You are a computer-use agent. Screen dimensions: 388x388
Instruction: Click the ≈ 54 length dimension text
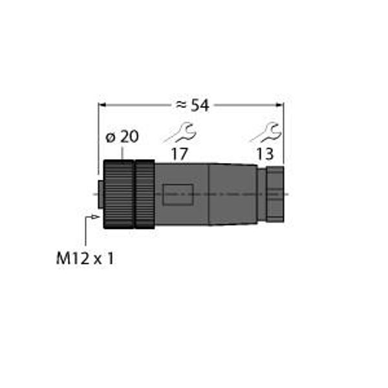click(x=192, y=105)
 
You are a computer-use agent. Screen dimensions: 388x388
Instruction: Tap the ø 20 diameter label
click(x=122, y=137)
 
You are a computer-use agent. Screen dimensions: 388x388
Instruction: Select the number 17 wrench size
click(x=179, y=154)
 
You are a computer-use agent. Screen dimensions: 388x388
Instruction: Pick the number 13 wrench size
click(x=264, y=154)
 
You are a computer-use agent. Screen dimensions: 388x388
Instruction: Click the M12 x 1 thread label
click(x=85, y=258)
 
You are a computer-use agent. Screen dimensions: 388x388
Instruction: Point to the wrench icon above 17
click(x=180, y=133)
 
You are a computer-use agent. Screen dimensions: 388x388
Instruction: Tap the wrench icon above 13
click(x=265, y=133)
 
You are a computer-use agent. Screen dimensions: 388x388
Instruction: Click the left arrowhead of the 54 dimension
click(x=102, y=105)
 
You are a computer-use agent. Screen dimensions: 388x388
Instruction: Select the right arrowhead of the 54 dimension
click(x=280, y=105)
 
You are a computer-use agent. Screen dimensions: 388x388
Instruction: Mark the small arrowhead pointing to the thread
click(x=96, y=217)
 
